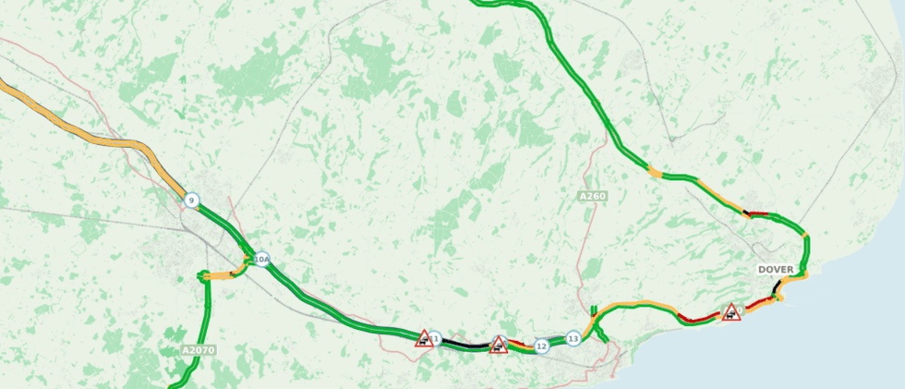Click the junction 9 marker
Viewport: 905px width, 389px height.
coord(191,201)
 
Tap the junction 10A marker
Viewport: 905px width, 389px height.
coord(261,260)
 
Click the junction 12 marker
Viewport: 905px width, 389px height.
coord(542,346)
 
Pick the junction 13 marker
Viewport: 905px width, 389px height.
coord(573,339)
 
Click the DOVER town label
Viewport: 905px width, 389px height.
coord(776,270)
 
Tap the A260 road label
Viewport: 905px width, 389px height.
coord(592,197)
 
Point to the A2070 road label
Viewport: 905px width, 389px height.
coord(198,350)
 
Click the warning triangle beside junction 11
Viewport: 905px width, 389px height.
coord(424,339)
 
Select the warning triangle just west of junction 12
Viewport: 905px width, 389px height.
coord(499,346)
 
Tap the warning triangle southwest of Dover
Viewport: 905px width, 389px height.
coord(731,312)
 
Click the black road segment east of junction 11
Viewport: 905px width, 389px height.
coord(466,345)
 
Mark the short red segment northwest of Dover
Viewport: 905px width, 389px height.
coord(758,214)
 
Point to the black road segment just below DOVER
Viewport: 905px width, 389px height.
coord(776,287)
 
